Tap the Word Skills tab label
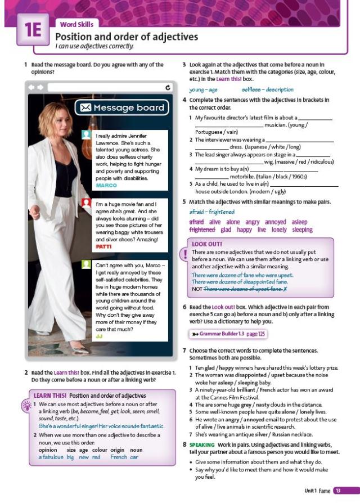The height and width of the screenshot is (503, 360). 76,24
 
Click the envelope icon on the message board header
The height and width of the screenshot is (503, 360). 85,107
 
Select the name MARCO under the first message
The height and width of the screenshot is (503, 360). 106,185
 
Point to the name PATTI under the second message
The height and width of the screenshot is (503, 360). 104,246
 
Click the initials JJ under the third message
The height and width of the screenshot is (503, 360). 99,336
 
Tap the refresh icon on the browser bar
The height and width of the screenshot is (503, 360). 168,87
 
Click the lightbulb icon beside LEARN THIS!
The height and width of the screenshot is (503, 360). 26,405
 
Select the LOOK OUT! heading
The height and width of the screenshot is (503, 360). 207,244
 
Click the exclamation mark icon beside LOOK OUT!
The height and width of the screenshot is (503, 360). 184,254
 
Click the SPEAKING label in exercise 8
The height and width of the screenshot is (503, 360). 201,444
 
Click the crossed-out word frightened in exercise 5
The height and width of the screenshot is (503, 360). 202,230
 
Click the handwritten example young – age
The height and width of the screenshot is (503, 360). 203,89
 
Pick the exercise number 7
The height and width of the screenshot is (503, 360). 184,351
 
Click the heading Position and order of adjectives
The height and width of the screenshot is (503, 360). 127,37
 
